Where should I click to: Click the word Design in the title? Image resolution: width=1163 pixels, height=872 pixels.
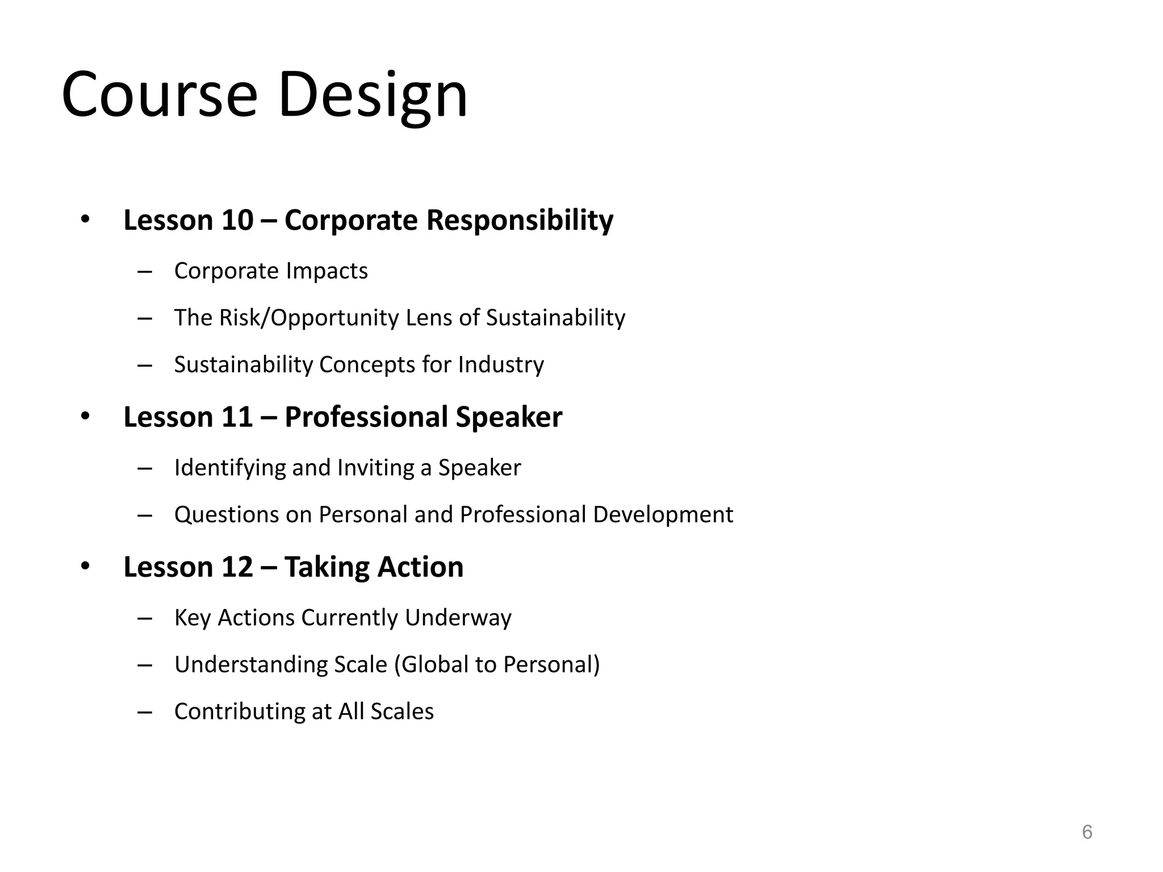(372, 95)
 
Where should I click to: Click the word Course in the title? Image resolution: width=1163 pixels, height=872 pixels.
(160, 95)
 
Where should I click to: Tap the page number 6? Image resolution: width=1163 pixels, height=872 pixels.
(1087, 832)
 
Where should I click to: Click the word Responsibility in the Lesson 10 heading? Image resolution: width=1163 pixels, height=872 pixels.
(520, 220)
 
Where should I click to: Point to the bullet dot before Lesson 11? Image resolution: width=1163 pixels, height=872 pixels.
(85, 416)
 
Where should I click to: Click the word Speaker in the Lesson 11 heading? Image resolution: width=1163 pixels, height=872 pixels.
(508, 417)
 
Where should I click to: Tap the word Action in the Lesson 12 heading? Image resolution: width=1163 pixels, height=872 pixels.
(420, 567)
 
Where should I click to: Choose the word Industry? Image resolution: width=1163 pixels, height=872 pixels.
(501, 365)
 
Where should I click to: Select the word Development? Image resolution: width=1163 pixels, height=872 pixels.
(663, 515)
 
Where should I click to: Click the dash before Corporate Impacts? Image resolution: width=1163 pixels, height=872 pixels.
(145, 272)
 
